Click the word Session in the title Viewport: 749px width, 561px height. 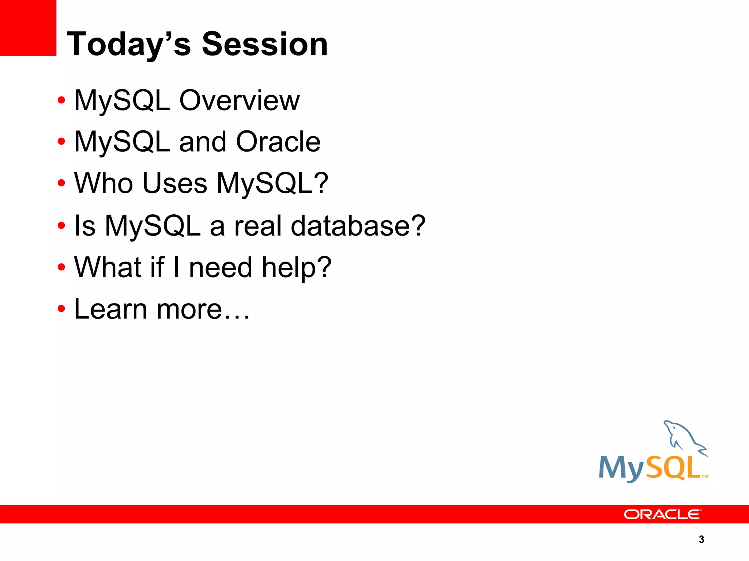(x=265, y=45)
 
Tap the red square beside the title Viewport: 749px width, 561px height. (x=28, y=28)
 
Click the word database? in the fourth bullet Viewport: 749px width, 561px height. (x=358, y=226)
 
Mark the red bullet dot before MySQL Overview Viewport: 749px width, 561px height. (x=61, y=100)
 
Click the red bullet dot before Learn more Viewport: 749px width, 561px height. (x=61, y=309)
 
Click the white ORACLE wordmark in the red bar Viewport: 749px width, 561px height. (x=662, y=514)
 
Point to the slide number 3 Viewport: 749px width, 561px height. (x=701, y=539)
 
